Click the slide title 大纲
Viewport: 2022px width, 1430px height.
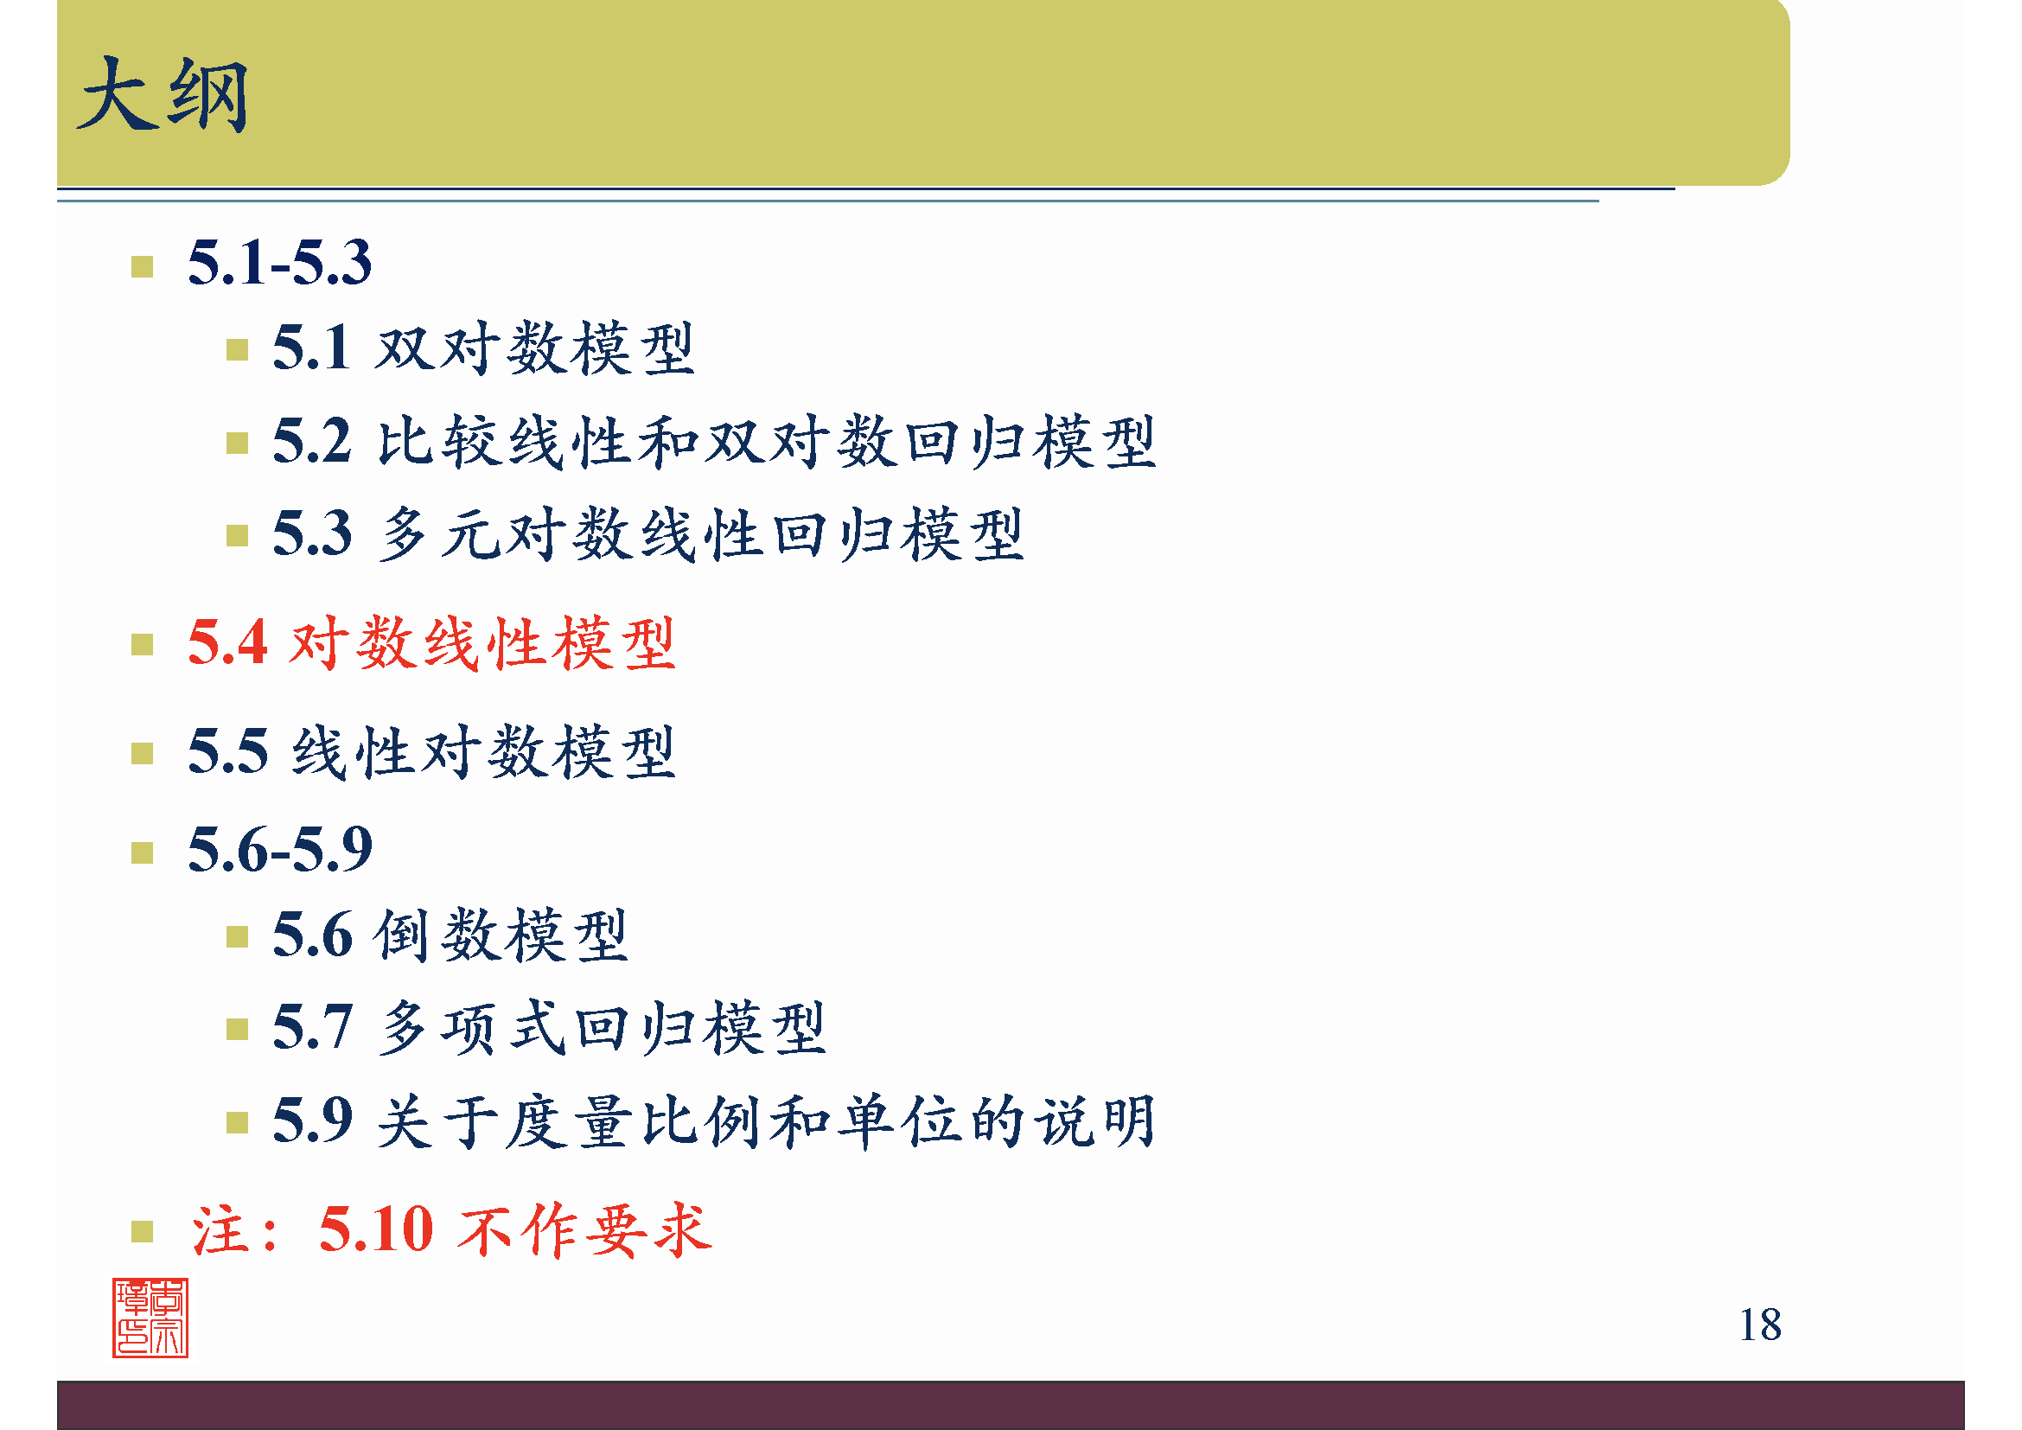tap(163, 95)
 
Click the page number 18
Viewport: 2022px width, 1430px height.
tap(1759, 1325)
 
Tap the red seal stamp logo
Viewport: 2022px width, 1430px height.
tap(150, 1318)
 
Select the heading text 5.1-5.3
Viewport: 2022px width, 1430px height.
tap(280, 263)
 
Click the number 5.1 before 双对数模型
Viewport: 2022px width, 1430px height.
tap(312, 348)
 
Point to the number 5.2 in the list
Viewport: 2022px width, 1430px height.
tap(312, 440)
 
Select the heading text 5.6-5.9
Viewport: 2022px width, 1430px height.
tap(280, 850)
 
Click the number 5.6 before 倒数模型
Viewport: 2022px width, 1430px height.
tap(312, 935)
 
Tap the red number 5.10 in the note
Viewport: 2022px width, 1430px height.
tap(376, 1229)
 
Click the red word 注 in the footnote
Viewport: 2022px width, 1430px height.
tap(219, 1230)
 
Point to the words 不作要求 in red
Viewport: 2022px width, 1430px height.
tap(584, 1230)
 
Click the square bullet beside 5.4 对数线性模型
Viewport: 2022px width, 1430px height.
tap(142, 645)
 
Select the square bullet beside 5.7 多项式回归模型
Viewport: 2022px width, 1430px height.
tap(237, 1029)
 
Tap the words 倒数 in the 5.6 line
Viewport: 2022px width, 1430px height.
tap(437, 935)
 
